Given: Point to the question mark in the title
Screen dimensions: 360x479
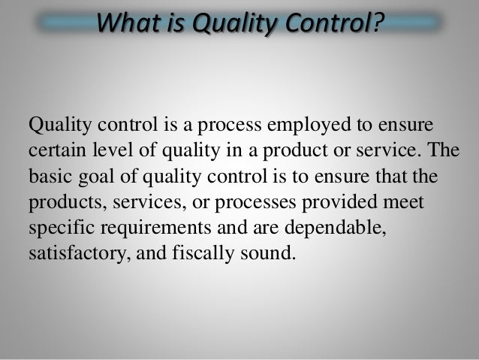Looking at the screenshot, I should pyautogui.click(x=376, y=23).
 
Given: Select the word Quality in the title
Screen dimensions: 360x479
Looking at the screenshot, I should pyautogui.click(x=225, y=23).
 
